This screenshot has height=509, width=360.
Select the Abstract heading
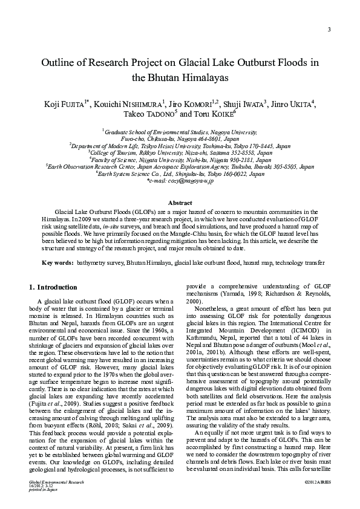pyautogui.click(x=180, y=203)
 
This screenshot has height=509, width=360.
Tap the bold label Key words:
pyautogui.click(x=57, y=263)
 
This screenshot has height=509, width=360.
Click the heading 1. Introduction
pyautogui.click(x=53, y=287)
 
